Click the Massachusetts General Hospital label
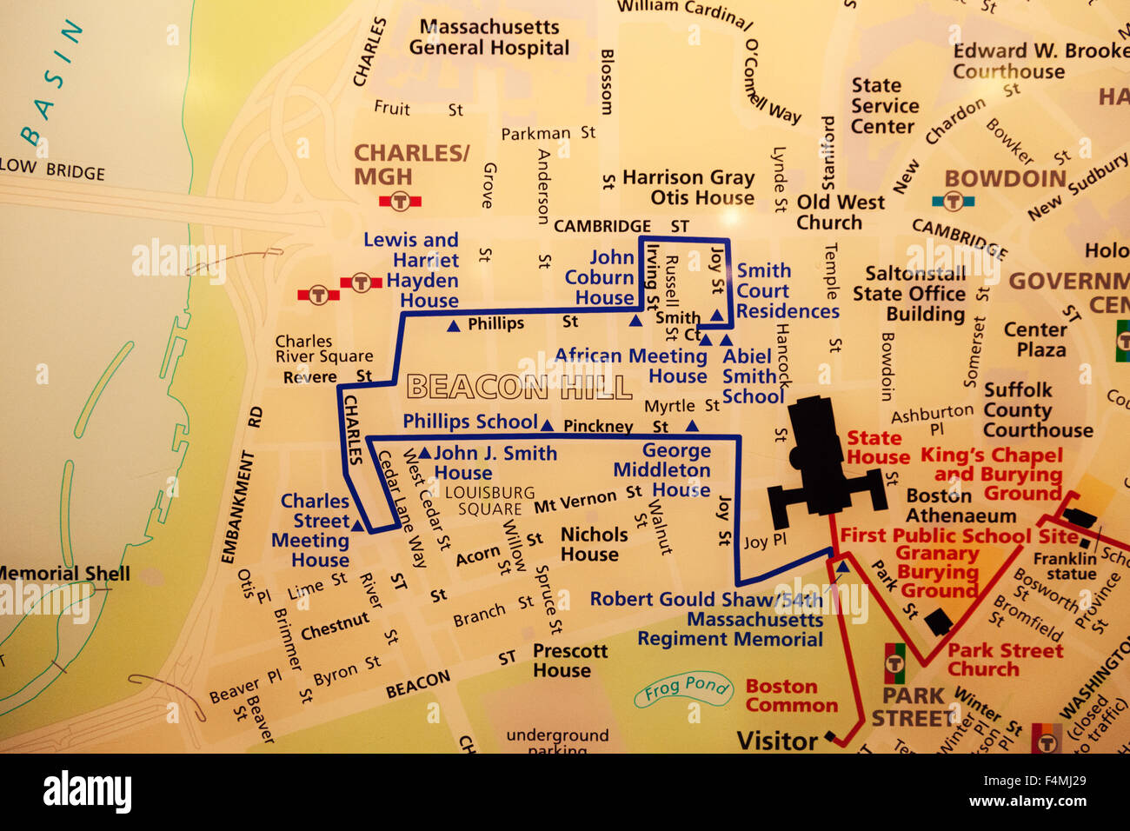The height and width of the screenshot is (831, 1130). coord(489,37)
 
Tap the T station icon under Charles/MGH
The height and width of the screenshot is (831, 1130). coord(400,202)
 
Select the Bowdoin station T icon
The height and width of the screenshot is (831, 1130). coord(954,202)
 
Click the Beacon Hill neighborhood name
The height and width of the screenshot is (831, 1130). coord(519,387)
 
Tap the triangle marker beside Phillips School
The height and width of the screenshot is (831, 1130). coord(547,425)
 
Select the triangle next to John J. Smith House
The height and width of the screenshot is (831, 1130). coord(424,453)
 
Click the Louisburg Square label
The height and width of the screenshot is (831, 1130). coord(489,501)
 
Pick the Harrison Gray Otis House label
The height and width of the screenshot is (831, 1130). coord(688,187)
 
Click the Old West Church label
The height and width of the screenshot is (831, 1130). coord(840,212)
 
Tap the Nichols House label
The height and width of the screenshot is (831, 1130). coord(593,544)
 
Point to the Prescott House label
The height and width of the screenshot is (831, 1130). coord(569,660)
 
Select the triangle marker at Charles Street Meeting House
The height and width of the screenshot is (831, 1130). coord(357,525)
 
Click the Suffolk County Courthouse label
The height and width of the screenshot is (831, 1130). coord(1037,409)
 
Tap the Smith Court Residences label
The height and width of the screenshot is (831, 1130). coord(788,291)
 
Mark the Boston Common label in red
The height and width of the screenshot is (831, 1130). coord(791,695)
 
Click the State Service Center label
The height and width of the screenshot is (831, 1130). coord(884,105)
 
